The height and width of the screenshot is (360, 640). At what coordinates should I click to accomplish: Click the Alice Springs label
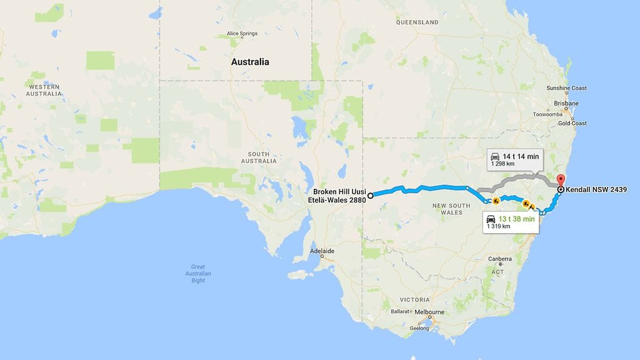click(242, 34)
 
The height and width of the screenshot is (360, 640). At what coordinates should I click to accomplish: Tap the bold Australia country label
click(250, 62)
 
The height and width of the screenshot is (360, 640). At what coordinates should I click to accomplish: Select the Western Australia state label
click(44, 89)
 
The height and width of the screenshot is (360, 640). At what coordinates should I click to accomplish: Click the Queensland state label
click(417, 22)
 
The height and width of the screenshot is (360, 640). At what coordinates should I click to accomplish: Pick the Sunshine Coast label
click(566, 87)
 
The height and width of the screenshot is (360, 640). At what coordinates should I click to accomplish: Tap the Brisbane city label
click(566, 103)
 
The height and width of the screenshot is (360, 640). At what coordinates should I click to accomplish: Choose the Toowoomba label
click(549, 114)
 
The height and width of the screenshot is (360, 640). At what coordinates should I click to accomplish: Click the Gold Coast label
click(572, 123)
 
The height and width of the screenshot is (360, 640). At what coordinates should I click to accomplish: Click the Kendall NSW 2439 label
click(596, 189)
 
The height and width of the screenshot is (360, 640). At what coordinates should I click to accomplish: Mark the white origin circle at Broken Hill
click(371, 195)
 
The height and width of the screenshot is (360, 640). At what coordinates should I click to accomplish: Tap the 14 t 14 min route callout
click(513, 159)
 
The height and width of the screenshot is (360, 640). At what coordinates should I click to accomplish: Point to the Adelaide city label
click(322, 251)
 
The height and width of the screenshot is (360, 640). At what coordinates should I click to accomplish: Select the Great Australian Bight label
click(198, 274)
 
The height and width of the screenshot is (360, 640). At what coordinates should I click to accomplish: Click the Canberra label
click(501, 259)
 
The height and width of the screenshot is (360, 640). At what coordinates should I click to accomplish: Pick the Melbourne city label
click(428, 312)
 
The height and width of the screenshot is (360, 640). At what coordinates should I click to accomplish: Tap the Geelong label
click(419, 328)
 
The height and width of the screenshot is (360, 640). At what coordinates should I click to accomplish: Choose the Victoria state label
click(415, 299)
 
